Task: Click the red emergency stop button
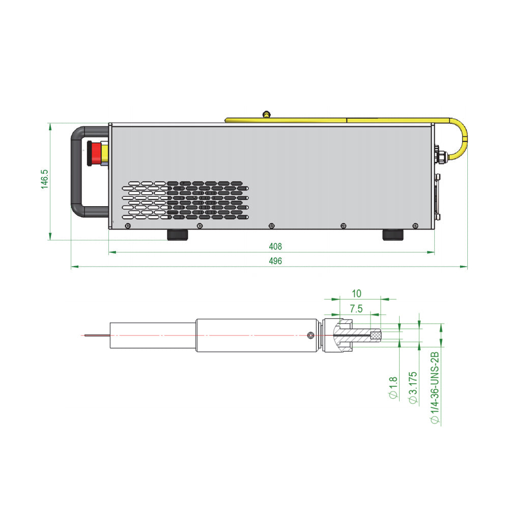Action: click(95, 153)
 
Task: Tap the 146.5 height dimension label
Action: click(44, 179)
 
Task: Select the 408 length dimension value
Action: click(275, 247)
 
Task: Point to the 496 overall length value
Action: click(275, 261)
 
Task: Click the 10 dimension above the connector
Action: click(356, 294)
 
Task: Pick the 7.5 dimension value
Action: click(356, 309)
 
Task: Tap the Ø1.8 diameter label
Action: click(393, 387)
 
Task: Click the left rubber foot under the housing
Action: click(178, 235)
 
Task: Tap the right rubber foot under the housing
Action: click(393, 235)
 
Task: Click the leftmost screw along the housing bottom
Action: click(128, 226)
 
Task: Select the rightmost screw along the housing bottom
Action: click(415, 226)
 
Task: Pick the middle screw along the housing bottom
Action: click(272, 226)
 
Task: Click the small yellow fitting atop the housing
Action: click(266, 114)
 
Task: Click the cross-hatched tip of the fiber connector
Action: click(376, 335)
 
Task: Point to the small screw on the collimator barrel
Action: click(310, 335)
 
